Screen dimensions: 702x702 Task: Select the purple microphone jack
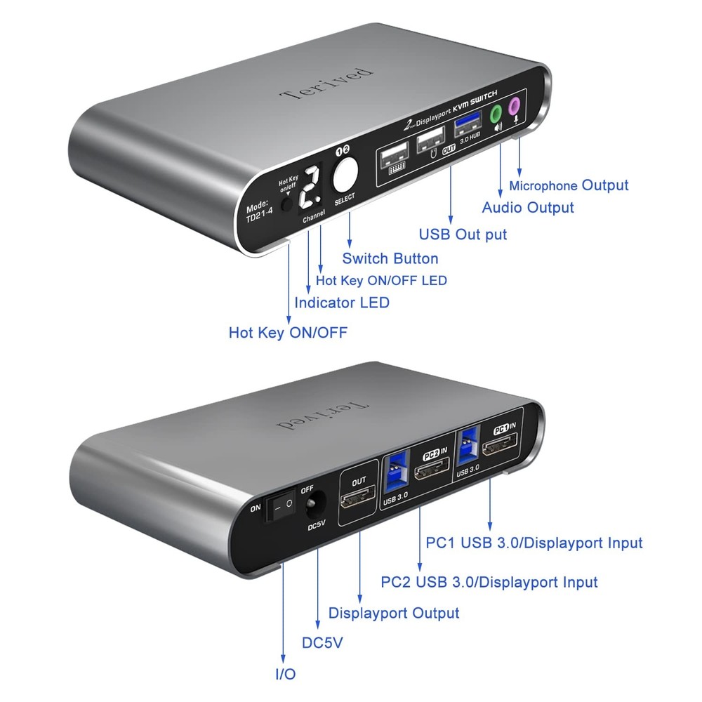click(515, 106)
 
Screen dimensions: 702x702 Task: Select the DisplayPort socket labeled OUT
click(358, 501)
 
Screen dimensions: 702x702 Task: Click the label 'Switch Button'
click(390, 258)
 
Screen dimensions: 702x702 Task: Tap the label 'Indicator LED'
click(341, 303)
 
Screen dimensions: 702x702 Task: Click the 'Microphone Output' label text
click(569, 185)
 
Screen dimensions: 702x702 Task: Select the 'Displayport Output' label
click(394, 613)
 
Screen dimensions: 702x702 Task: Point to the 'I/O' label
click(285, 674)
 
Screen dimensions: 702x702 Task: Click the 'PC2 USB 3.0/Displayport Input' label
click(489, 582)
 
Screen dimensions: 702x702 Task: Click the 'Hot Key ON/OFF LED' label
click(381, 280)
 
